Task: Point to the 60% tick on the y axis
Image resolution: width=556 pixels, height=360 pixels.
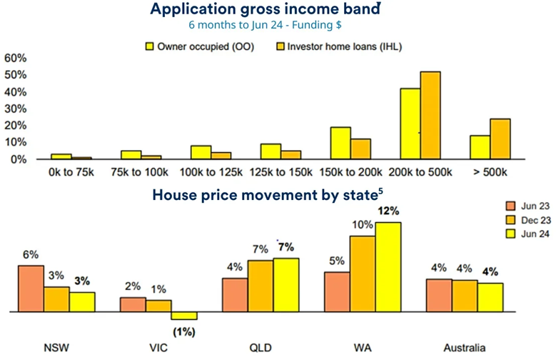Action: [x=16, y=57]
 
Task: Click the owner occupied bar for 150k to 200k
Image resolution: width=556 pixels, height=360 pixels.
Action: [x=340, y=143]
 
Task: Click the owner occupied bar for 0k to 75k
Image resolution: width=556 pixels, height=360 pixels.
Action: [x=61, y=156]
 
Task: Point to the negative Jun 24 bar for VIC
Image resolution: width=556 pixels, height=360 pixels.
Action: [x=184, y=316]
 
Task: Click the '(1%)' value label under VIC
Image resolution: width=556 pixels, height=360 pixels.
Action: [x=183, y=331]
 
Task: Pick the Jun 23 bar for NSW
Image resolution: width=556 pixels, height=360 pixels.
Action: [x=31, y=289]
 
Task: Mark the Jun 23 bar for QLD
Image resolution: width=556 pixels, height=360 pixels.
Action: [x=235, y=295]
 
